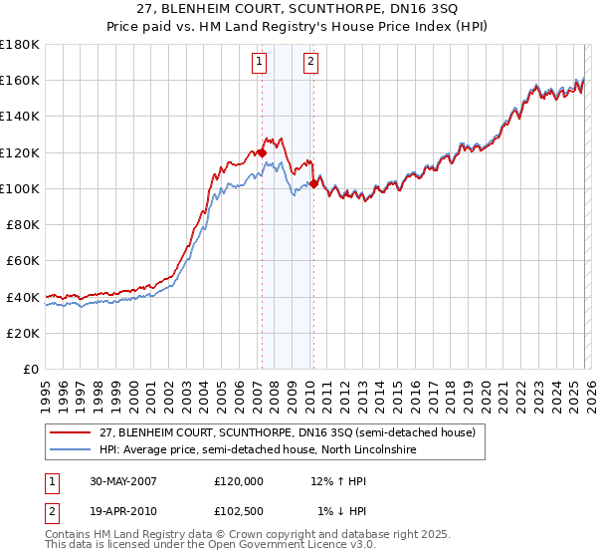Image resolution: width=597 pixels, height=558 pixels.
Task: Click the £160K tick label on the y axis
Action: pyautogui.click(x=21, y=81)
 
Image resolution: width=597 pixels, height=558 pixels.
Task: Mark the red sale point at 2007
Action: pyautogui.click(x=262, y=152)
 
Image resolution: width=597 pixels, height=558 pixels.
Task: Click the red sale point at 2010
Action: pyautogui.click(x=313, y=183)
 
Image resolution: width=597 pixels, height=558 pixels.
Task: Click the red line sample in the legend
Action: pyautogui.click(x=70, y=432)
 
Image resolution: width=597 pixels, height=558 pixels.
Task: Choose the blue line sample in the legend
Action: pyautogui.click(x=70, y=449)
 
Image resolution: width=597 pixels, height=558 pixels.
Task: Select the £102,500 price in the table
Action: pyautogui.click(x=239, y=512)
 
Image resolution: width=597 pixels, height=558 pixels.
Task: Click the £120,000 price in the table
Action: pyautogui.click(x=239, y=480)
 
